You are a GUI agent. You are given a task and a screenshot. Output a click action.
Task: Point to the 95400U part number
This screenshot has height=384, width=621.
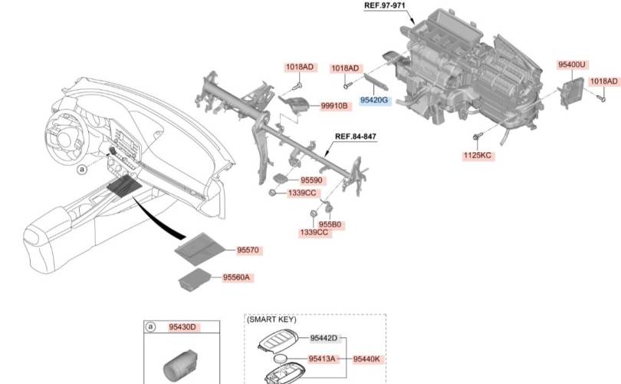572,65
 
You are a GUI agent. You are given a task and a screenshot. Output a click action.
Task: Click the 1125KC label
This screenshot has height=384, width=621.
477,155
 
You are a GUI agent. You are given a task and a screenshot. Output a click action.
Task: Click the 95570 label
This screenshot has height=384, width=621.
249,250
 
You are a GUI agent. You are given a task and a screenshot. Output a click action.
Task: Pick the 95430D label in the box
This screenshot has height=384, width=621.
182,327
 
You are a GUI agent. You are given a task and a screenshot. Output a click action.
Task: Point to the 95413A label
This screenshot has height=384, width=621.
322,358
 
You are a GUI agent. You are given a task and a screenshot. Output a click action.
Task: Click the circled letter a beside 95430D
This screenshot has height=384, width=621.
150,327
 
